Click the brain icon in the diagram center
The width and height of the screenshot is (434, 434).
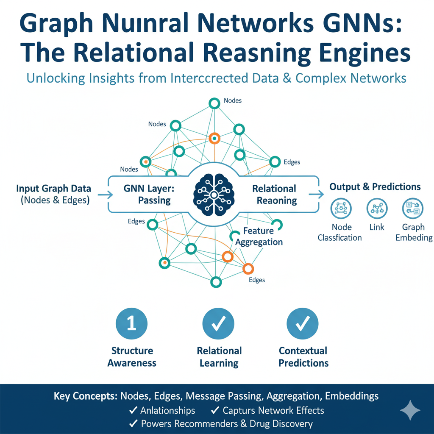coord(214,195)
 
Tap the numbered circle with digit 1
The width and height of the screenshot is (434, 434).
coord(131,324)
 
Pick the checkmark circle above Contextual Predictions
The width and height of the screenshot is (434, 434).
coord(303,324)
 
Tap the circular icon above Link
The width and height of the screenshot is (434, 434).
coord(376,209)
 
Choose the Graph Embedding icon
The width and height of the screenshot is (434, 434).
coord(412,209)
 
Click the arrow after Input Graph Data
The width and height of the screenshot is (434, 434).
coord(104,195)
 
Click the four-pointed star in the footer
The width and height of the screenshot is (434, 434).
coord(410,410)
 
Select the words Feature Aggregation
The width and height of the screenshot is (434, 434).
coord(259,236)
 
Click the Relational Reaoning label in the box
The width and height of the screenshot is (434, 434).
coord(274,194)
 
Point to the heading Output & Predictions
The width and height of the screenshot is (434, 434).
coord(375,187)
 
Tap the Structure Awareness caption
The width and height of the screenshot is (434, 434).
coord(132,357)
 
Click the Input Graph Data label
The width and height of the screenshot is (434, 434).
coord(53,189)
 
